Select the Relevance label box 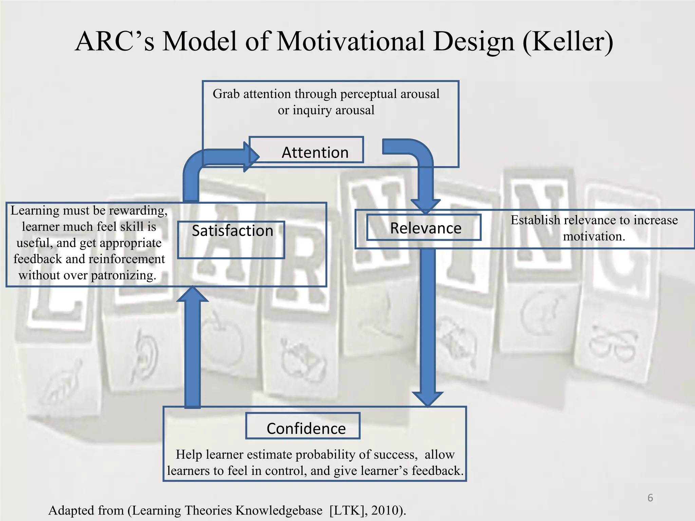coord(424,228)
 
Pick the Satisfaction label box coord(231,239)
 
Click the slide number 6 coord(650,498)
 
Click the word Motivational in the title coord(351,41)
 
